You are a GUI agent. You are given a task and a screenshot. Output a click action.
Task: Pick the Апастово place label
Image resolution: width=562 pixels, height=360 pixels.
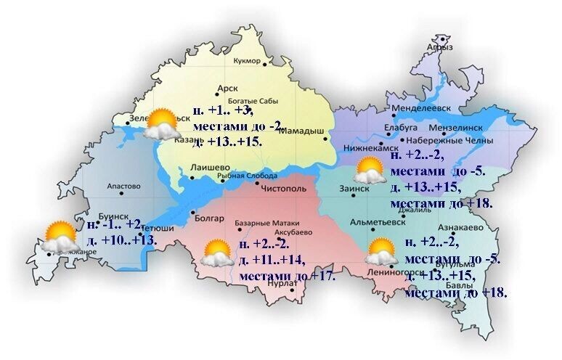click(x=123, y=187)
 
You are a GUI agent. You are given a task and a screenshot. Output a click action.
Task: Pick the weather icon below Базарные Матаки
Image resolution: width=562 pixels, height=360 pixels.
click(x=217, y=253)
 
